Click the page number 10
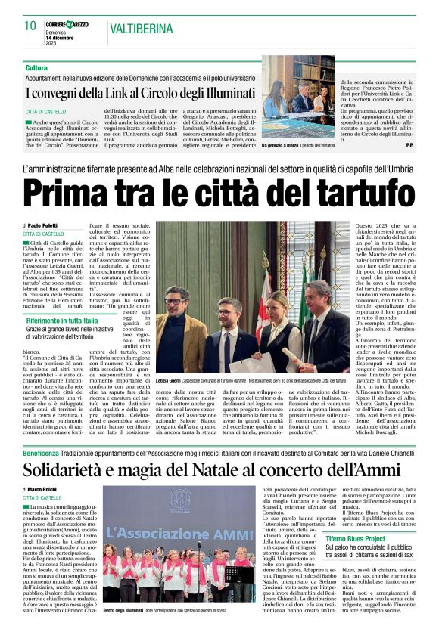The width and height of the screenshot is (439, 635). pyautogui.click(x=30, y=25)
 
